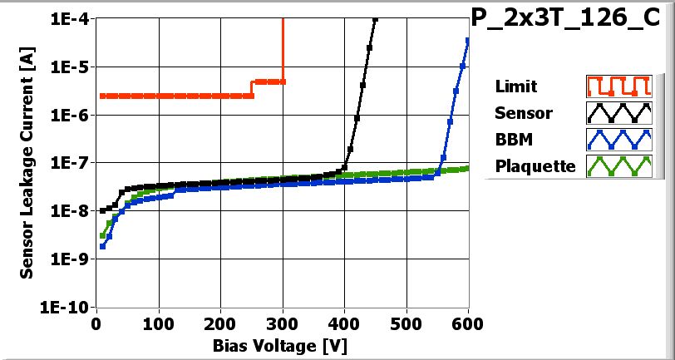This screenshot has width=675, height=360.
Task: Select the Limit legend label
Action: click(515, 86)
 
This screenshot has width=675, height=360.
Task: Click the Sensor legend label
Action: click(523, 113)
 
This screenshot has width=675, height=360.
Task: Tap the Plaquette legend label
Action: click(535, 166)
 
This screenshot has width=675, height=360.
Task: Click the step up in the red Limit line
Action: click(252, 88)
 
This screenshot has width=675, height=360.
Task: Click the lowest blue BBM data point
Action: click(102, 246)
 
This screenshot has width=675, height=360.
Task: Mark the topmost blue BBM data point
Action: click(468, 40)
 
